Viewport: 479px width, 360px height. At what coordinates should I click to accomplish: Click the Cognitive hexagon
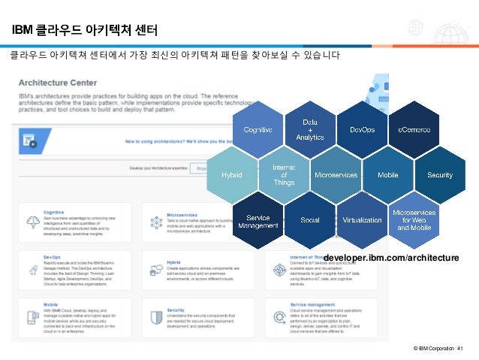[x=258, y=129]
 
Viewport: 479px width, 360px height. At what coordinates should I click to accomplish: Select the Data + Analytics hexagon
[x=309, y=129]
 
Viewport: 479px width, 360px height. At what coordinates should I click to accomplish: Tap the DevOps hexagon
[x=362, y=129]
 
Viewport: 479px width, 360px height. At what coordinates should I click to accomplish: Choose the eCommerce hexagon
[x=414, y=129]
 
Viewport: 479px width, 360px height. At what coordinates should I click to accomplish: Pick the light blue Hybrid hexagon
[x=231, y=175]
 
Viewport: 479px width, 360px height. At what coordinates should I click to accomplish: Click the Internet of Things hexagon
[x=284, y=175]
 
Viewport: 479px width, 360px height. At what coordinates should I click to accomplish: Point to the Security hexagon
[x=440, y=175]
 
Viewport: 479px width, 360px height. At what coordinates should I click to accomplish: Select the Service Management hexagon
[x=258, y=221]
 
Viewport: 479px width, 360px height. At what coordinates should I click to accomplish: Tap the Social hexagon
[x=309, y=221]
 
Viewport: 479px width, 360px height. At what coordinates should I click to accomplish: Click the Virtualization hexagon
[x=362, y=221]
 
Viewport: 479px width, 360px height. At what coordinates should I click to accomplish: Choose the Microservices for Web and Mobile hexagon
[x=414, y=221]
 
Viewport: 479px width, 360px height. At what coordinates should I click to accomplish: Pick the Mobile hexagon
[x=387, y=175]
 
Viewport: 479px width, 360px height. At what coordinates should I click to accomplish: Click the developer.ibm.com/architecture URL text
[x=391, y=258]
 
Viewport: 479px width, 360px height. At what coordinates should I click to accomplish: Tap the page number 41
[x=460, y=347]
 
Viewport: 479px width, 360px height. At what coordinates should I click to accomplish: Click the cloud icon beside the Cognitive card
[x=32, y=222]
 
